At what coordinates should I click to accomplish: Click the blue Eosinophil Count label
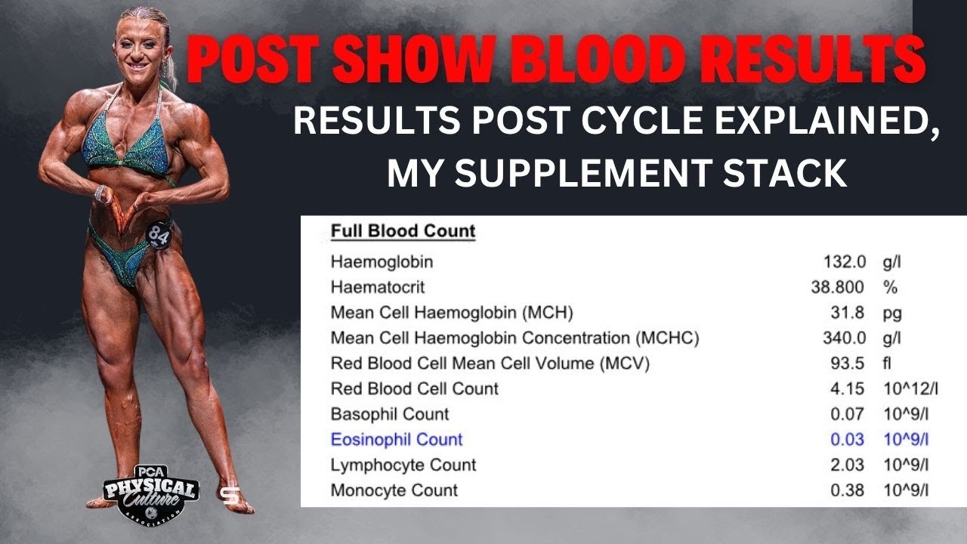click(397, 440)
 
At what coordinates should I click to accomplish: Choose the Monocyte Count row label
click(394, 490)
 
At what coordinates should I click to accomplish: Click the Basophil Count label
click(390, 414)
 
